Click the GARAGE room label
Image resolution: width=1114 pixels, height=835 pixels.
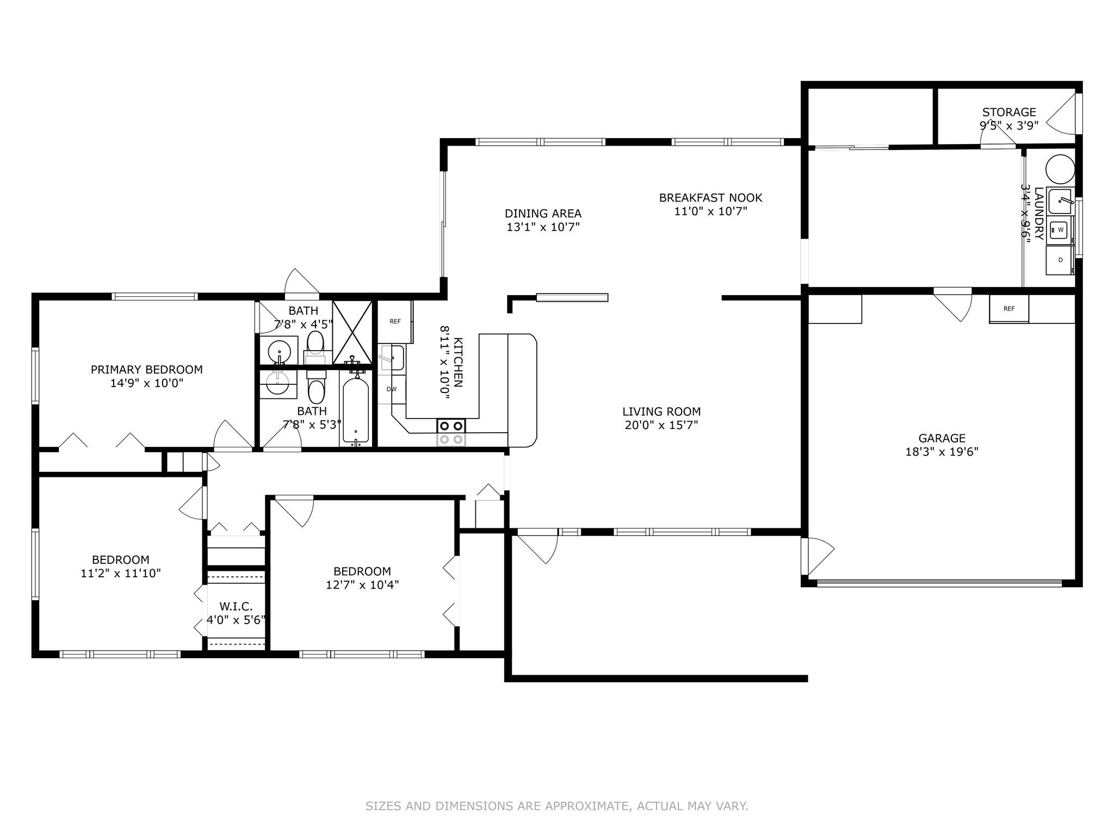coord(942,438)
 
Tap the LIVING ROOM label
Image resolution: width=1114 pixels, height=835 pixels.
coord(661,412)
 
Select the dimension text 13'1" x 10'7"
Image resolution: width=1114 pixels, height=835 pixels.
coord(543,227)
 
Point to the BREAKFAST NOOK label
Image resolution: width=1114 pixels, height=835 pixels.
coord(710,198)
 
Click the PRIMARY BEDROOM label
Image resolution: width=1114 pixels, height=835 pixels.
coord(146,370)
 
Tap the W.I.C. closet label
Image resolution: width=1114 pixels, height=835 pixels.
coord(236,607)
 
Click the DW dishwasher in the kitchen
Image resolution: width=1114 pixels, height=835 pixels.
coord(392,389)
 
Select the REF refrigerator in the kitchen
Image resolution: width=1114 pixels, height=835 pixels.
coord(395,321)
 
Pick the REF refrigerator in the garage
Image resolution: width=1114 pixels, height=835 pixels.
coord(1009,309)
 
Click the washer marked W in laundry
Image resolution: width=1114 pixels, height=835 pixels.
coord(1060,230)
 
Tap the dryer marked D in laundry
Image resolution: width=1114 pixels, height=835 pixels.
coord(1060,260)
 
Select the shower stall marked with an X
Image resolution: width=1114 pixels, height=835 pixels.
coord(352,333)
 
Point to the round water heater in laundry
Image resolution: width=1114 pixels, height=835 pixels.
coord(1061,169)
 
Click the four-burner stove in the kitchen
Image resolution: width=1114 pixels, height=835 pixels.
coord(451,433)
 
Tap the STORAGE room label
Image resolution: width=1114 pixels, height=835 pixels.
coord(1009,113)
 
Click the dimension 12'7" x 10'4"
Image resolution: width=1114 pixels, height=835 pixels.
coord(362,585)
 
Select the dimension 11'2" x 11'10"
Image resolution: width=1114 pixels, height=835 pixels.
coord(121,573)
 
